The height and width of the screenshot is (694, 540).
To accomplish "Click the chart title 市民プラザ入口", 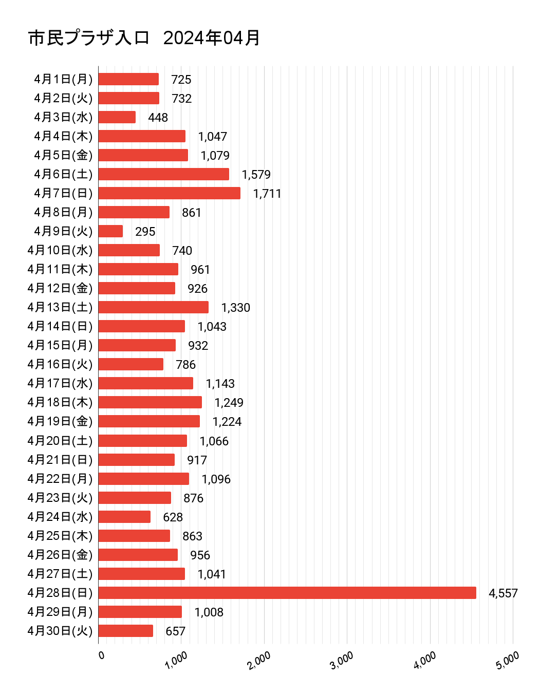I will pos(88,38).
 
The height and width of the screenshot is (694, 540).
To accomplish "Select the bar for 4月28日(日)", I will pos(287,593).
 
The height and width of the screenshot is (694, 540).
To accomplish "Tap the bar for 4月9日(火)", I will pos(110,231).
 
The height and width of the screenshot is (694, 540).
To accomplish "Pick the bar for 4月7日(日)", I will pos(169,193).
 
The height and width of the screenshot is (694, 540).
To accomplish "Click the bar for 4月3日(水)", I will pos(117,117).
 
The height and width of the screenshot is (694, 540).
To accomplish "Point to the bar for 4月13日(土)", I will pos(153,307).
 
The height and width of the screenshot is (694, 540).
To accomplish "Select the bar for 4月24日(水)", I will pos(124,517).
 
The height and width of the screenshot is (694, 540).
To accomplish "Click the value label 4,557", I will pos(503,593).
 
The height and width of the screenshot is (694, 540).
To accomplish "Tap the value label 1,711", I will pos(267,194).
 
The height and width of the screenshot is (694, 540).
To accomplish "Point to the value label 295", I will pos(145,232).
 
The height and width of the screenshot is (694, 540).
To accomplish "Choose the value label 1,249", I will pos(229,403).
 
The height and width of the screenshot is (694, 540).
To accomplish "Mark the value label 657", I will pos(175,631).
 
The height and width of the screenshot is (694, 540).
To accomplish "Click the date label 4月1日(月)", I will pos(63,79).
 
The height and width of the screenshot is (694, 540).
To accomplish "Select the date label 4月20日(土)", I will pos(60,441).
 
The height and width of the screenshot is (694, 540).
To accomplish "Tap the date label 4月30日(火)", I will pos(60,631).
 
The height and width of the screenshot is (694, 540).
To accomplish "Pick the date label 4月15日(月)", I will pos(60,345).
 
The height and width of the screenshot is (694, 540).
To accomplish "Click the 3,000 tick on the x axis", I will pos(341,661).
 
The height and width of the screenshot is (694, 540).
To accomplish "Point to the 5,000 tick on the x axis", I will pos(507,661).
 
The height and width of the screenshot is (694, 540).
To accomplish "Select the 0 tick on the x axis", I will pos(101,655).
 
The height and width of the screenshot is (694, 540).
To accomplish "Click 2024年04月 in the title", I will pos(212,38).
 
